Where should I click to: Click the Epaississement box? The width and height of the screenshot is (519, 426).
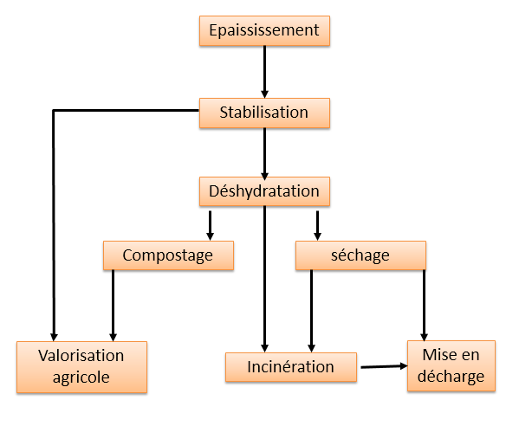264,31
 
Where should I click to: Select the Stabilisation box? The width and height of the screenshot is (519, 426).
264,113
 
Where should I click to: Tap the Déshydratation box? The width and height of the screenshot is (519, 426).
264,191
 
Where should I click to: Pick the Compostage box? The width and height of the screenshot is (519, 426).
168,255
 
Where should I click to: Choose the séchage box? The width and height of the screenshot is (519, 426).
360,255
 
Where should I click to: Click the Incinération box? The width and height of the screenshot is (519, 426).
291,367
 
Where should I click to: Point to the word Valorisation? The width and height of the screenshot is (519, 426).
81,356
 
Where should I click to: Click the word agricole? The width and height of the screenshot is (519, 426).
81,378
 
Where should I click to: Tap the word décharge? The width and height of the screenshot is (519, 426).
451,377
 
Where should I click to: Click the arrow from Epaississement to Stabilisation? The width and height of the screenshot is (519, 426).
264,72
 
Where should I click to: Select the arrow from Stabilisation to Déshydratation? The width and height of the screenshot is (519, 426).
264,154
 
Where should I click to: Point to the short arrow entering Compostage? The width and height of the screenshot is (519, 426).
210,226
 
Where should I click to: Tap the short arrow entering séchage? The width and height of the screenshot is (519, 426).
317,226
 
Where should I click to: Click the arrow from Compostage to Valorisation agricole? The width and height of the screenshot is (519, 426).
113,306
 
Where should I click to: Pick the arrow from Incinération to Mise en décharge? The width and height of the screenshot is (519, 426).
384,366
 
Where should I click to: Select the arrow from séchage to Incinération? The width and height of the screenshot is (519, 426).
311,311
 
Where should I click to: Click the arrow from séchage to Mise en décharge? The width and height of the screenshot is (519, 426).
424,306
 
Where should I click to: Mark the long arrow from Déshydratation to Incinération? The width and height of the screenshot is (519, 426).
264,279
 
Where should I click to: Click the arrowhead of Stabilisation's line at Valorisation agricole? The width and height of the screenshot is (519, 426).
54,337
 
